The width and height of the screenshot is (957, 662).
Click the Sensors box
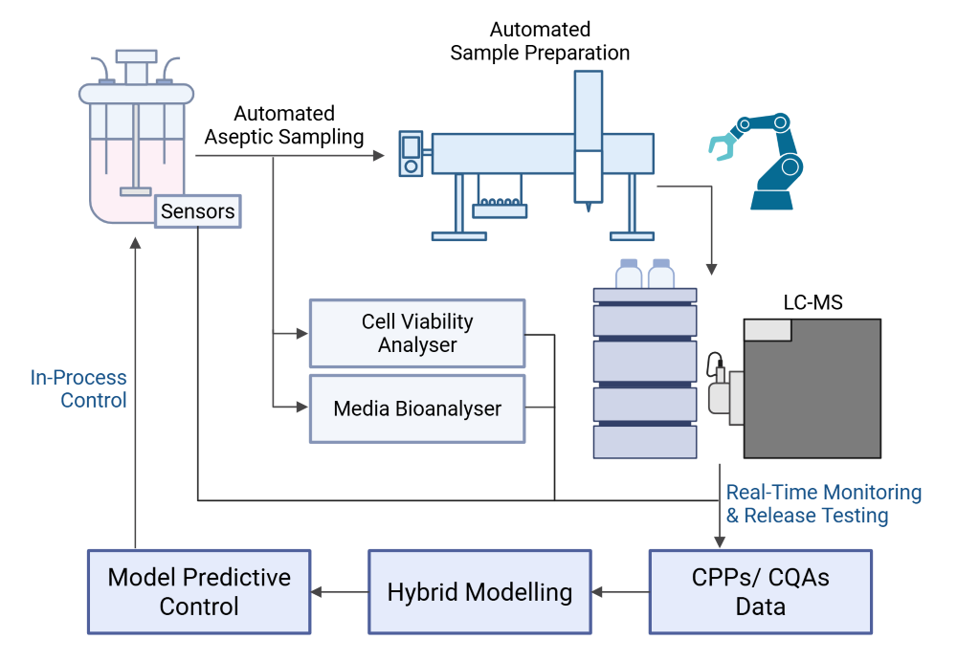coord(198,211)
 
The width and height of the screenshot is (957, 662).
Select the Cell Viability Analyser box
coord(417,333)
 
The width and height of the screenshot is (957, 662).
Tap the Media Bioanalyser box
coord(417,408)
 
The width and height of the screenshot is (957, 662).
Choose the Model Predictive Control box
coord(199,592)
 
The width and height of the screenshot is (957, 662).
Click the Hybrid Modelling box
coord(479,592)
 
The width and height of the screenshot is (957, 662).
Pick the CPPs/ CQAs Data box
coord(761,592)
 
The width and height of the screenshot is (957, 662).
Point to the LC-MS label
coord(812,302)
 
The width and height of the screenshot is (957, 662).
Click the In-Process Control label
coord(78,388)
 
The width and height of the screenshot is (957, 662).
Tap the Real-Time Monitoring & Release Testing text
coord(824,503)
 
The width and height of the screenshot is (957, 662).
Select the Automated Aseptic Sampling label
coord(284,125)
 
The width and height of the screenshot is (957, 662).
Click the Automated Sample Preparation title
coord(540,41)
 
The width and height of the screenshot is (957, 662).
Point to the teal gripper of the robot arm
coord(723,147)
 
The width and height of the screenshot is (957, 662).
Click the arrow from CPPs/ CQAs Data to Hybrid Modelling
coord(621,592)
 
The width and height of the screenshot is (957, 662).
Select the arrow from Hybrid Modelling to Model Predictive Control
coord(340,592)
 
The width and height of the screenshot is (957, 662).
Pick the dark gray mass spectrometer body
coord(812,388)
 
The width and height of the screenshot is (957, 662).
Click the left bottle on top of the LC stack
coord(629,274)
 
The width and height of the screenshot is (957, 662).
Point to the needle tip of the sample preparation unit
coord(589,210)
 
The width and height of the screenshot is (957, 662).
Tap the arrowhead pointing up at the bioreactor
coord(136,243)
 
